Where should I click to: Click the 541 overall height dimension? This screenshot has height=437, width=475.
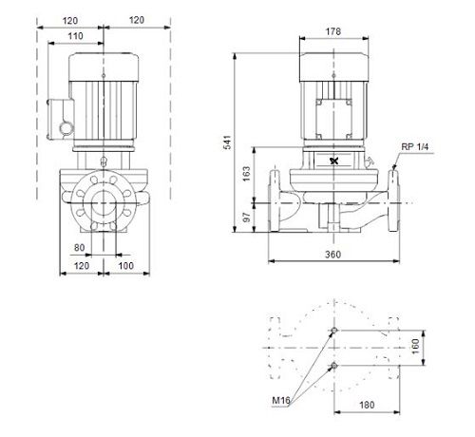tap(228, 142)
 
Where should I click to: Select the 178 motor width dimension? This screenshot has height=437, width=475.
tap(333, 31)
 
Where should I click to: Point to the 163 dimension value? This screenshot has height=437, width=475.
tap(246, 174)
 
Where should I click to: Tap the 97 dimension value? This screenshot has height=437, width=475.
tap(246, 217)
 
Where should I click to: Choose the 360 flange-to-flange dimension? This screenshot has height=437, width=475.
tap(333, 255)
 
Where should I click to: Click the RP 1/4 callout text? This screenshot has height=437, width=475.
tap(415, 147)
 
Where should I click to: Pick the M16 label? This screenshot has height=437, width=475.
tap(281, 401)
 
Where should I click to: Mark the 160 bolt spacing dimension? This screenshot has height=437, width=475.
tap(416, 347)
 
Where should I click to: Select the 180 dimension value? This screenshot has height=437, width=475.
tap(367, 405)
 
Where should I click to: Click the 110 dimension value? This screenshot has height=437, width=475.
tap(76, 36)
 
